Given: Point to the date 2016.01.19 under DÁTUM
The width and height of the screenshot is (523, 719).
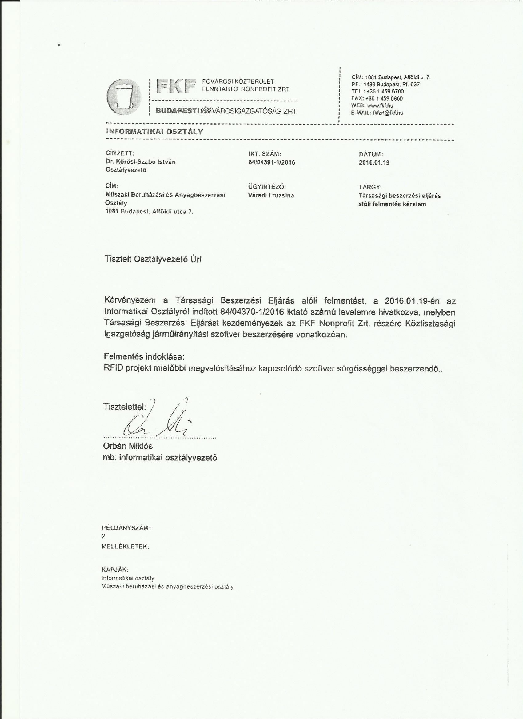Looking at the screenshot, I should pos(374,163).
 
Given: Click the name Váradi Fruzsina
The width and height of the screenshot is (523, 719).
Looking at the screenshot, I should pos(271,195).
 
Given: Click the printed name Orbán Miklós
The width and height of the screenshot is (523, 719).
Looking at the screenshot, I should pos(128,446).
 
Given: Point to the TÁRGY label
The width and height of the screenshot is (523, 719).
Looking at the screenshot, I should pos(369,187).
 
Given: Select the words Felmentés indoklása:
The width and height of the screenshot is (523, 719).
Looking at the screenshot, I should pos(144,356).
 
